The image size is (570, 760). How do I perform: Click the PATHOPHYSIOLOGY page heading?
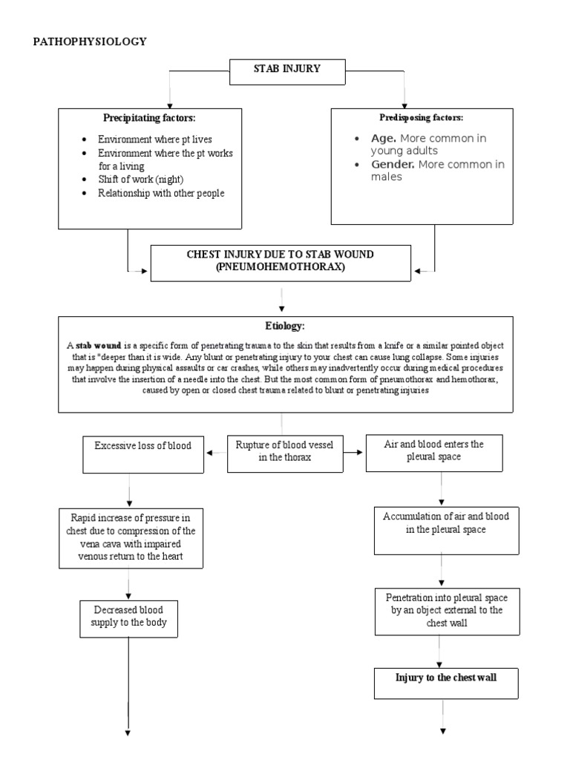(90, 42)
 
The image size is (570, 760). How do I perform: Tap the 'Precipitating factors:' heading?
(150, 118)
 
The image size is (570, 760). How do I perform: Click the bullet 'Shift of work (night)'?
(140, 180)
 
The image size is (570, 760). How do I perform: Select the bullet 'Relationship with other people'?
(160, 193)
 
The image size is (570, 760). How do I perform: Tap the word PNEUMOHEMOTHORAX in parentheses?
(280, 266)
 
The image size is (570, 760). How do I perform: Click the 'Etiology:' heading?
(284, 326)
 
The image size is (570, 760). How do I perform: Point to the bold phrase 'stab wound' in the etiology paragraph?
(96, 346)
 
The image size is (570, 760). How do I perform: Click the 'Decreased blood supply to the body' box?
(130, 617)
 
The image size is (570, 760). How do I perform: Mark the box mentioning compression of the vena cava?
(130, 537)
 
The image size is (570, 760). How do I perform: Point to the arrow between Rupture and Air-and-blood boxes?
(355, 451)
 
